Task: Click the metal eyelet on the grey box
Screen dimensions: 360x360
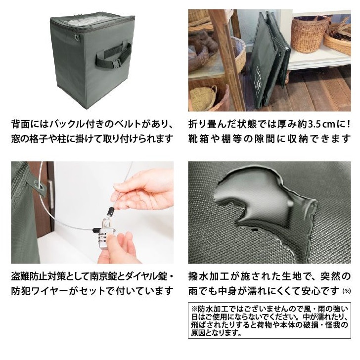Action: (x=76, y=37)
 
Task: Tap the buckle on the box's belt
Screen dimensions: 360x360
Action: (x=117, y=62)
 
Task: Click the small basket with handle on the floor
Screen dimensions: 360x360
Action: (x=204, y=97)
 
